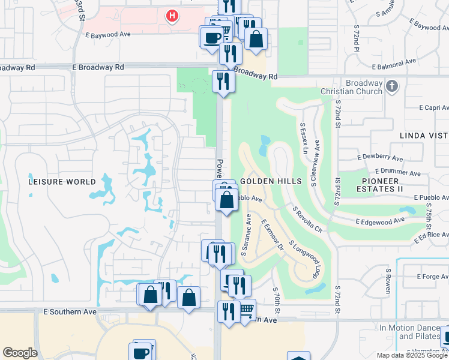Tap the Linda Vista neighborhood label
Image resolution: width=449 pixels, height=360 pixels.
[424, 136]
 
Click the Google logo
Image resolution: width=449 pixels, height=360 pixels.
[20, 353]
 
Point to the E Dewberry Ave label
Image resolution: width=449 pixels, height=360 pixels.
[379, 157]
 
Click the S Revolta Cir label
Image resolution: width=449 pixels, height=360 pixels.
[307, 220]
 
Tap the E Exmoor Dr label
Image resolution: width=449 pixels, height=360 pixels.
[271, 234]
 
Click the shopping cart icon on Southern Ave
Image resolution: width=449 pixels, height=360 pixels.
[247, 310]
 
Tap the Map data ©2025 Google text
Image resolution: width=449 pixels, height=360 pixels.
[412, 355]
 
